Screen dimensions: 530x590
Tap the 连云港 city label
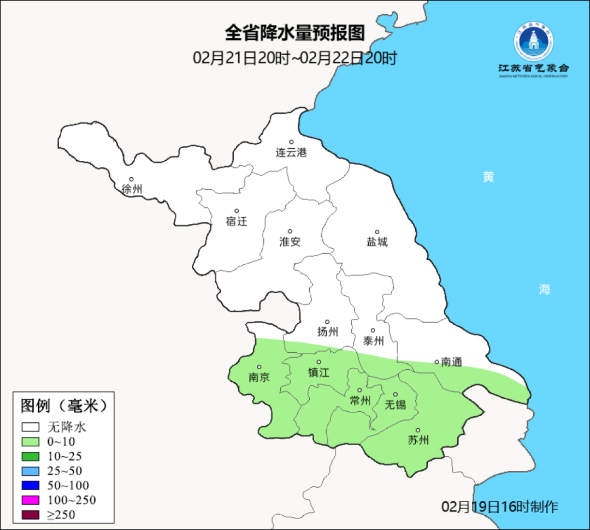click(x=291, y=153)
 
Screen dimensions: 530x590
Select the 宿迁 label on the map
click(x=237, y=222)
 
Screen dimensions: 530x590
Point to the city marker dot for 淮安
click(x=290, y=231)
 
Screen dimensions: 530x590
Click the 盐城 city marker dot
click(x=377, y=232)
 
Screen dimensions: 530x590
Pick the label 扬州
click(x=328, y=331)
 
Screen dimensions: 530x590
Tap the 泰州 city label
click(x=373, y=341)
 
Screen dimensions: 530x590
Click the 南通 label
click(x=451, y=362)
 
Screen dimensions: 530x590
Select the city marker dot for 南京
click(x=259, y=368)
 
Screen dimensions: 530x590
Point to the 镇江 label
click(x=319, y=372)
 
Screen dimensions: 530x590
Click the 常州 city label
click(x=360, y=400)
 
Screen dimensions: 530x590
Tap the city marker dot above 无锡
click(x=396, y=394)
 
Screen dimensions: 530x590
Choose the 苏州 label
click(x=418, y=440)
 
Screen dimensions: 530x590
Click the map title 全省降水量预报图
click(x=294, y=33)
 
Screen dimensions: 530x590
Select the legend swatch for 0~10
click(x=31, y=442)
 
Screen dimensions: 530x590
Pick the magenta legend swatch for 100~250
click(x=31, y=500)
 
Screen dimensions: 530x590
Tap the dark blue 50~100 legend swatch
click(x=31, y=485)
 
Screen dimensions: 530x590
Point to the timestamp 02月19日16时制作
click(x=500, y=506)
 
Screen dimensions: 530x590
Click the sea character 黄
click(x=488, y=177)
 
